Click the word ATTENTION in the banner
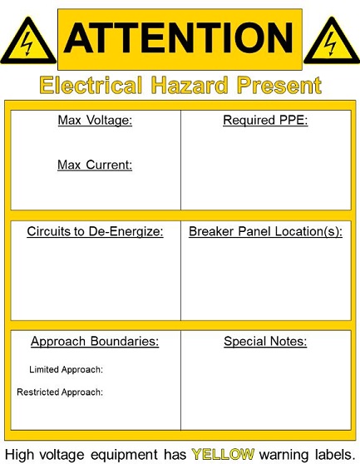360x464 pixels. click(x=179, y=38)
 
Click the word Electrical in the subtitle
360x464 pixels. click(x=91, y=85)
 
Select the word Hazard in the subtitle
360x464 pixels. click(x=190, y=85)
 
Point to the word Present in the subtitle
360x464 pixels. click(x=279, y=85)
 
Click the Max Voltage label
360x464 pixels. click(x=95, y=121)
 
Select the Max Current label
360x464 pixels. click(x=95, y=165)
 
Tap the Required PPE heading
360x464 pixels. click(x=265, y=120)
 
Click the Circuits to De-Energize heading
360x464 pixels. click(x=95, y=231)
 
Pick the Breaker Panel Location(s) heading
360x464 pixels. click(x=266, y=231)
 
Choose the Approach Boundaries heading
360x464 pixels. click(x=95, y=342)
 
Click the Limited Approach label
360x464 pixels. click(x=66, y=369)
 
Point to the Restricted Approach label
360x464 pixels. click(x=60, y=392)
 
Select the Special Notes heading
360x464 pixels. click(x=265, y=342)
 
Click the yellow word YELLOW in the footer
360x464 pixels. click(x=223, y=454)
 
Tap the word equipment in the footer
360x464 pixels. click(x=124, y=455)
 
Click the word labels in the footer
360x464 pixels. click(x=335, y=454)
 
